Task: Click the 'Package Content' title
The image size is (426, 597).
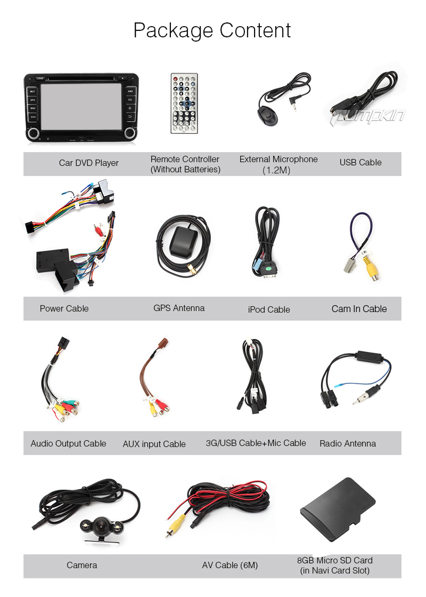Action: (212, 30)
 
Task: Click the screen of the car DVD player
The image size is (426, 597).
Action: (82, 107)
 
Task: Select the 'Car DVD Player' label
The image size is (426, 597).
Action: (88, 163)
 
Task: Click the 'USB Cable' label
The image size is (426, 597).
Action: (361, 162)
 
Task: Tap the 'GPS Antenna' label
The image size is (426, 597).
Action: (179, 308)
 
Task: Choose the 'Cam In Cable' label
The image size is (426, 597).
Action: (359, 308)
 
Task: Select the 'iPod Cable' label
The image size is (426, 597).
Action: (269, 309)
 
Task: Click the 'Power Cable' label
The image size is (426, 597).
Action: (64, 308)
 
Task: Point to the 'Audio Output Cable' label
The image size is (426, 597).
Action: (68, 443)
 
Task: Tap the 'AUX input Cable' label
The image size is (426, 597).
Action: (154, 444)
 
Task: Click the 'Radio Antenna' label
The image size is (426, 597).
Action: (348, 443)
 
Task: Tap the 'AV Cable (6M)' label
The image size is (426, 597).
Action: (230, 565)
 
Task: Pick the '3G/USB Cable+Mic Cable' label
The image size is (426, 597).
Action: (256, 443)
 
